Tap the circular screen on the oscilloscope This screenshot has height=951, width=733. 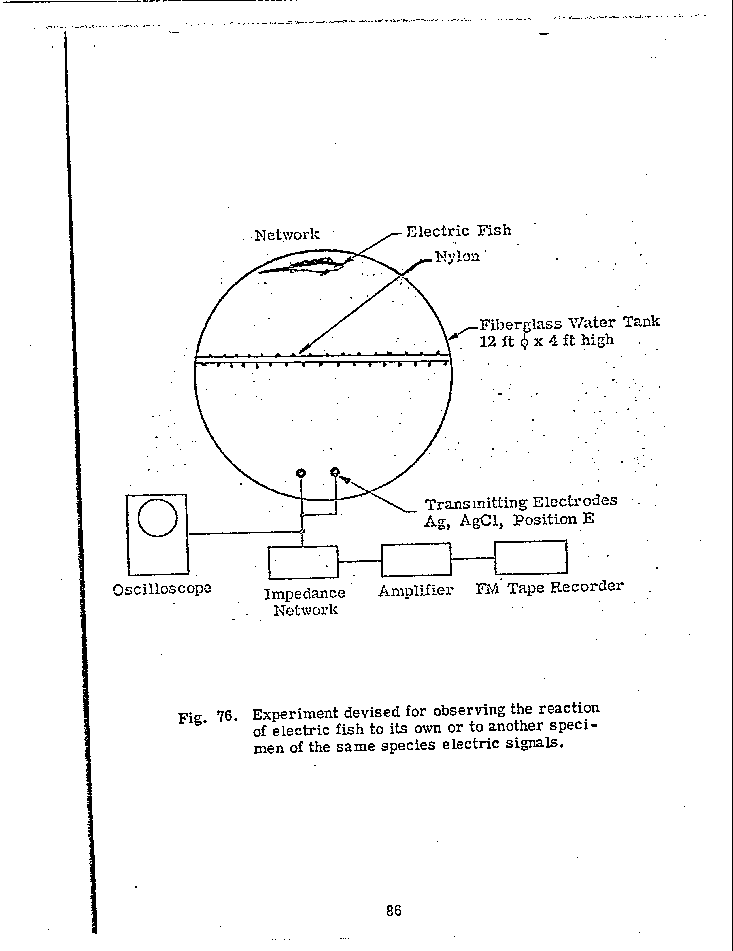[158, 518]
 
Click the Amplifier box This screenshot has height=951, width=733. [416, 560]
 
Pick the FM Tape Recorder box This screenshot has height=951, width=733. [531, 557]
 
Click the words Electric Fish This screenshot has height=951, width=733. [458, 230]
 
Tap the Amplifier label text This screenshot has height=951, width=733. [416, 590]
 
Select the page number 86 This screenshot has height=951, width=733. [394, 910]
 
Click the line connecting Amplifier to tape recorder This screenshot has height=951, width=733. [473, 558]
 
